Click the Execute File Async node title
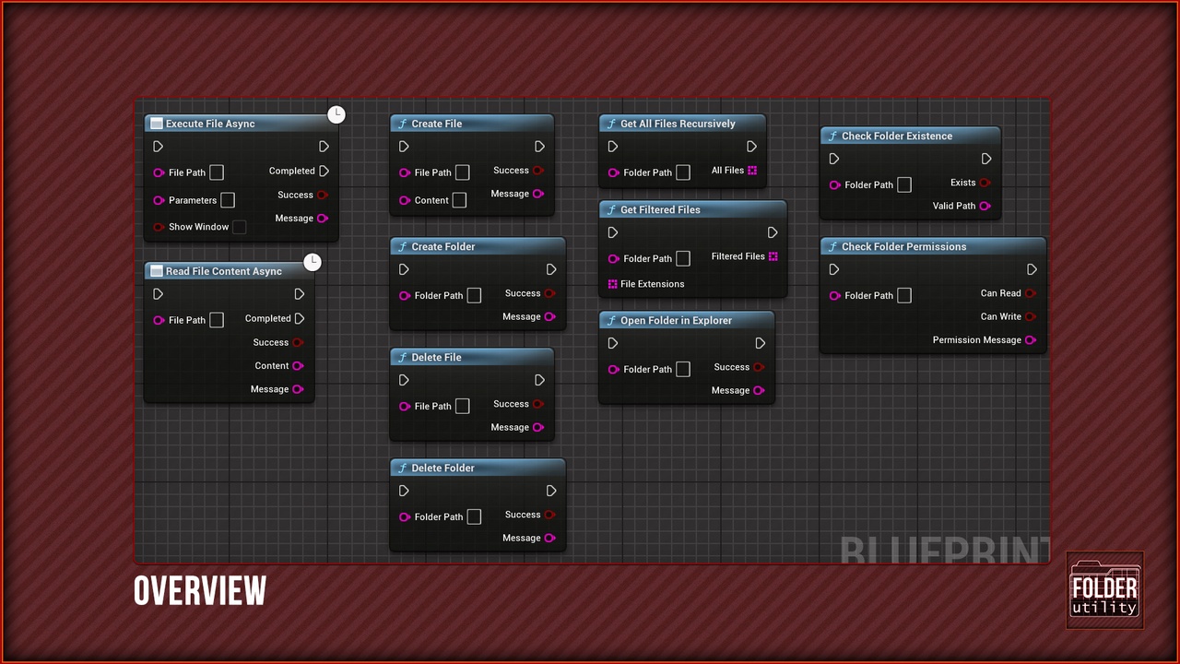pos(210,124)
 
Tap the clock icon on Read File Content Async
pos(313,262)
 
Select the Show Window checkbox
pos(239,227)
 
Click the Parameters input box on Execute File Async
pos(228,200)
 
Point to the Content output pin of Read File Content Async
pos(298,366)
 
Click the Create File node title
pos(437,124)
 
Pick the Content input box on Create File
pos(459,200)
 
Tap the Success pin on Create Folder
pos(550,293)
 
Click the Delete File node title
pos(436,357)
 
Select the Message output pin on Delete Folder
pos(550,538)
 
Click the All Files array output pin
pos(752,171)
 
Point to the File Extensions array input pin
pos(613,284)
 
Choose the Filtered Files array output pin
pos(773,256)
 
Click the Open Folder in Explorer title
pos(676,320)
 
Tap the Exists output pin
pos(985,183)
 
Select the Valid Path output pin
pos(985,206)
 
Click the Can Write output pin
pos(1031,316)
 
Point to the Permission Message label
pos(976,340)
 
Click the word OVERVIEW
pos(200,590)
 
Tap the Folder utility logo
pos(1104,589)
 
